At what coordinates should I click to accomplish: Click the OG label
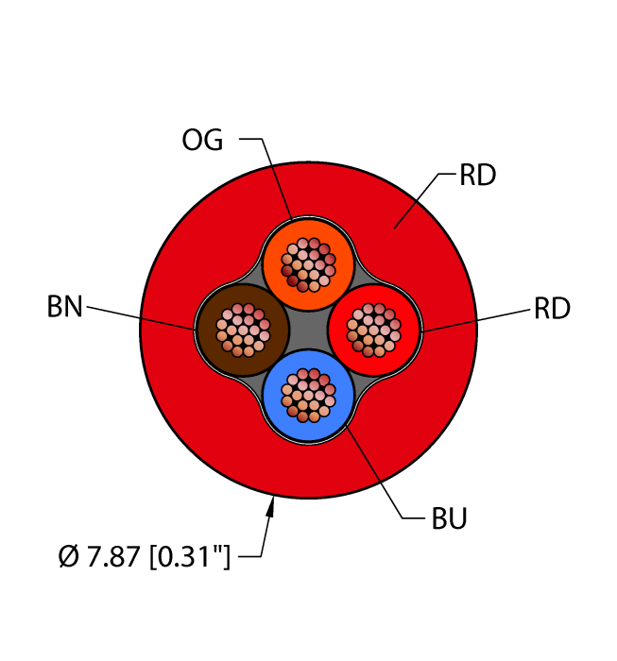point(202,140)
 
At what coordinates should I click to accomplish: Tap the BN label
point(64,307)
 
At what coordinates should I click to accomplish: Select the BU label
point(449,518)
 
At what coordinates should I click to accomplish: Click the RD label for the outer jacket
point(477,175)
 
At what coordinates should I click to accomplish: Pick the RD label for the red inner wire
point(552,308)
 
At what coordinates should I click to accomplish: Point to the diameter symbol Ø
point(69,556)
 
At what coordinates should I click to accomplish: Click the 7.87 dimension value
point(113,556)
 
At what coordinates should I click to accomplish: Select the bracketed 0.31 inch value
point(190,556)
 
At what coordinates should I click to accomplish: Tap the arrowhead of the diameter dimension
point(271,506)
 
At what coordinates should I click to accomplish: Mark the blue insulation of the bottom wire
point(308,430)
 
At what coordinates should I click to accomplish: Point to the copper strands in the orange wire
point(308,264)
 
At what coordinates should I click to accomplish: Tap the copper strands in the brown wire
point(243,330)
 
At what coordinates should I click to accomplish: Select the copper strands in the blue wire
point(308,396)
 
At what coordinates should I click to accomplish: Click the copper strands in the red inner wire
point(373,330)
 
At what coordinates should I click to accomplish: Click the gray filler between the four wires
point(308,330)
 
